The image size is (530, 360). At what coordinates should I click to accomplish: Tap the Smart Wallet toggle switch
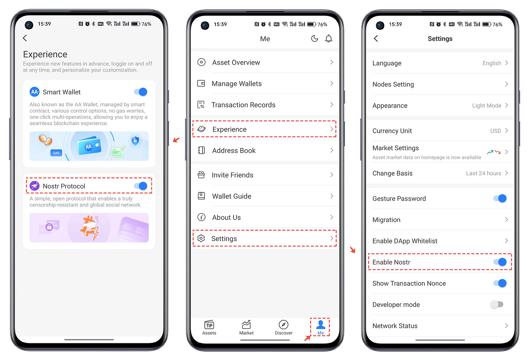point(141,92)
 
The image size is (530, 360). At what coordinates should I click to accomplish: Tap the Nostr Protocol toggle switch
point(141,186)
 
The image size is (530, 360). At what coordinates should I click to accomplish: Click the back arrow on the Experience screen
point(25,38)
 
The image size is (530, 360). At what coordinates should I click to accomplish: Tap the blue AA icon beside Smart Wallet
point(34,92)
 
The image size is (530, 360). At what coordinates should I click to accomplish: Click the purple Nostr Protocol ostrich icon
point(34,186)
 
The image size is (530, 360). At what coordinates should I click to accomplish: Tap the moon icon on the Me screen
point(315,38)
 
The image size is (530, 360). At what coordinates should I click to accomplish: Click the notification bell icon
point(329,39)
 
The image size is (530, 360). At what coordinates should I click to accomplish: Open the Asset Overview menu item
point(236,62)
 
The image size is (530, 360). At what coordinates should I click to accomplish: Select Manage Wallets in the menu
point(237,84)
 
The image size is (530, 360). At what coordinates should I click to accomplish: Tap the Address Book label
point(234,150)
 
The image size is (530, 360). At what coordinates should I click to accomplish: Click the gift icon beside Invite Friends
point(201,175)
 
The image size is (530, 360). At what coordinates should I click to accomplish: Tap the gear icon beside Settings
point(201,238)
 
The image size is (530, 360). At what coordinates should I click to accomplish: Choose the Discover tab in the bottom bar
point(284,327)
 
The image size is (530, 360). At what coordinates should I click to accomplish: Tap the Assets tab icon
point(209,325)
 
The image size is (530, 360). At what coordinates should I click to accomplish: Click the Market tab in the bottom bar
point(246,327)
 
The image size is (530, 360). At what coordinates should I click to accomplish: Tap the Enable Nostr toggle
point(500,262)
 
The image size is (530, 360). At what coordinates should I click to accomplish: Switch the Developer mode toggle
point(497,304)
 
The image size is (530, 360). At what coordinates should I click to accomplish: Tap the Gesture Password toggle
point(500,198)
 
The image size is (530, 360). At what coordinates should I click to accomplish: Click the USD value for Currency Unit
point(496,131)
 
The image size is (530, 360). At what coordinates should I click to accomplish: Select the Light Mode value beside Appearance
point(487,106)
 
